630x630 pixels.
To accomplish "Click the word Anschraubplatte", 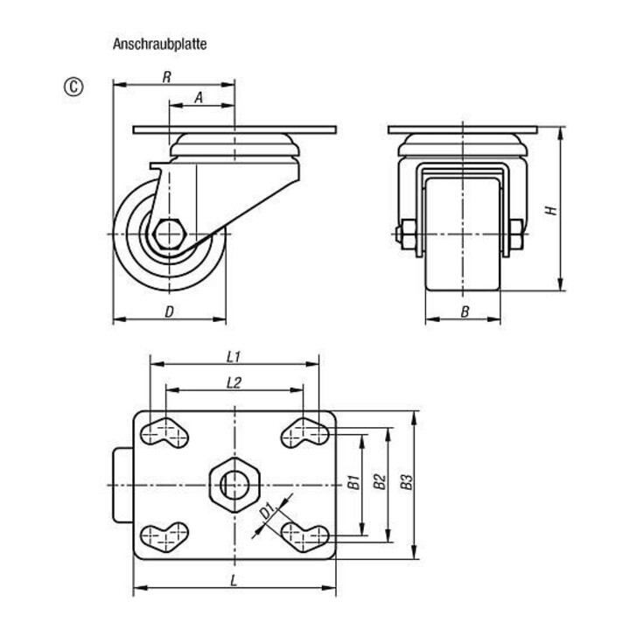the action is click(x=159, y=44).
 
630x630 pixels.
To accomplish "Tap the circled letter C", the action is click(x=73, y=87).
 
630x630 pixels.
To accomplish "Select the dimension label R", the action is click(x=167, y=77).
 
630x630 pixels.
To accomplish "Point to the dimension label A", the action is click(x=199, y=98).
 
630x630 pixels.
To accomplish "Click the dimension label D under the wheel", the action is click(x=170, y=311).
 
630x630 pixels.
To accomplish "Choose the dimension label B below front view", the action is click(x=465, y=311).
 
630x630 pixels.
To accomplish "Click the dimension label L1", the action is click(x=234, y=356).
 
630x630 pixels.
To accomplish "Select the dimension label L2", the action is click(x=234, y=383).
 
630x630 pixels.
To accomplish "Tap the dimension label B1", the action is click(x=353, y=481).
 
